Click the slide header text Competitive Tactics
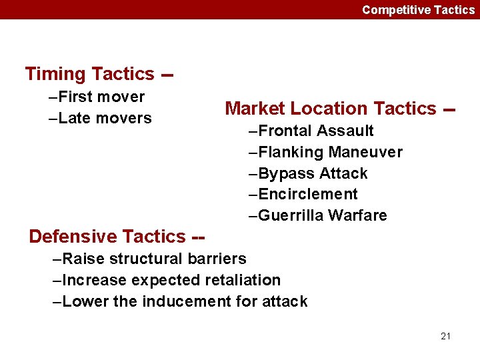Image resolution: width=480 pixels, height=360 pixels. (x=418, y=9)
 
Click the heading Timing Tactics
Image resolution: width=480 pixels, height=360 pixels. (x=89, y=74)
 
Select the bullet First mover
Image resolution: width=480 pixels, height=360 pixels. (x=97, y=97)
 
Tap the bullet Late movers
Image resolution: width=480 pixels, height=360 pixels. (x=101, y=118)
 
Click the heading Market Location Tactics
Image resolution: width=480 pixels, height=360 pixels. (x=331, y=109)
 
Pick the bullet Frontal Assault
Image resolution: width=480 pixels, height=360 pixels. (x=311, y=131)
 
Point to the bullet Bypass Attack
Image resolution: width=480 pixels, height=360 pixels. (x=308, y=173)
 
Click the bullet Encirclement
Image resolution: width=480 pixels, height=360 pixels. (x=303, y=194)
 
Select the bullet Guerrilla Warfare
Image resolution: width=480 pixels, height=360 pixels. (x=317, y=215)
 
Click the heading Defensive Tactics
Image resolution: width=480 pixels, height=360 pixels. (x=107, y=237)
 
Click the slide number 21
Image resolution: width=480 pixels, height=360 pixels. (x=445, y=336)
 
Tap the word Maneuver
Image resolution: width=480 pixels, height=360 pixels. (x=371, y=152)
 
